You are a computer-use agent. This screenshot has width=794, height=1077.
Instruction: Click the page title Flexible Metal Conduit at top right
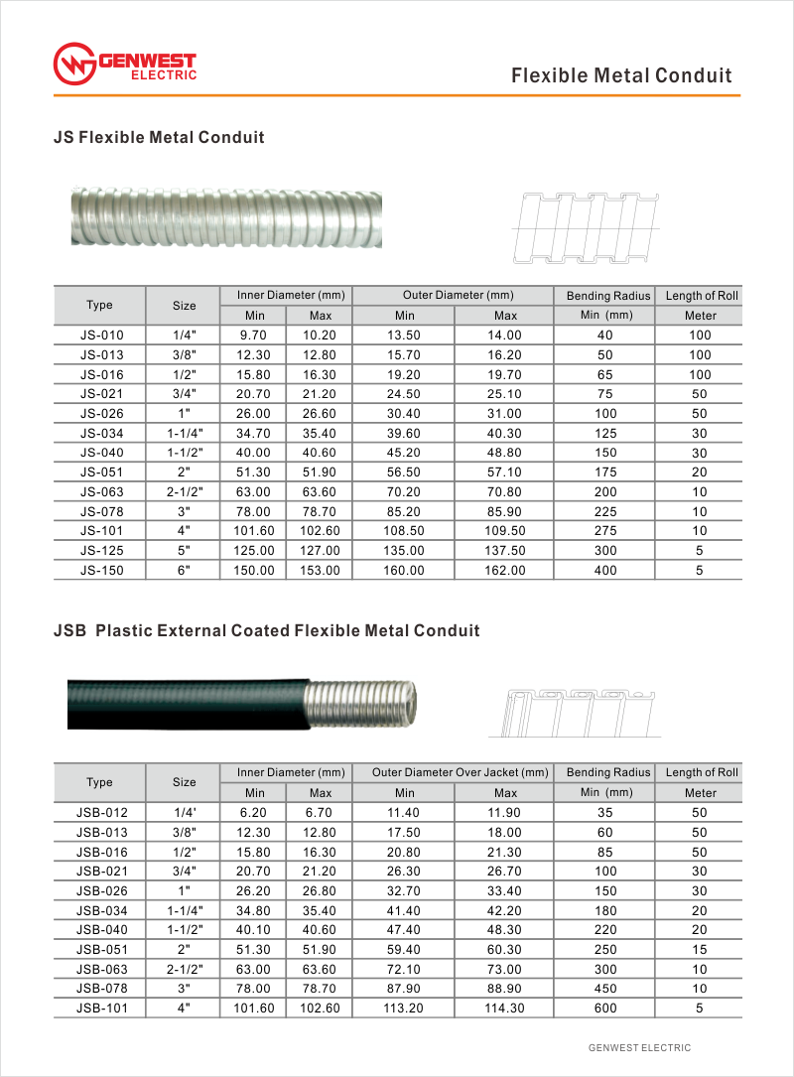tap(621, 75)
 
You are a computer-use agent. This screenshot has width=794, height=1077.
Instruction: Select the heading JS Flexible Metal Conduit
tap(159, 138)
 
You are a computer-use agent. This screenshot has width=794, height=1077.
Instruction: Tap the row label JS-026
tap(99, 413)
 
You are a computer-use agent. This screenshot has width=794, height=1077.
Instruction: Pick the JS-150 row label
tap(99, 570)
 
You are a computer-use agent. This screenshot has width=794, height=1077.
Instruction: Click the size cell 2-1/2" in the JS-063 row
tap(185, 491)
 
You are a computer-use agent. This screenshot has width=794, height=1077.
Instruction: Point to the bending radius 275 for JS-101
tap(605, 531)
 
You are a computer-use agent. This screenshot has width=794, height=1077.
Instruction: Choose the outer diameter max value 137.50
tap(506, 551)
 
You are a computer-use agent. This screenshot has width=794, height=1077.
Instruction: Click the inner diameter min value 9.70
tap(255, 335)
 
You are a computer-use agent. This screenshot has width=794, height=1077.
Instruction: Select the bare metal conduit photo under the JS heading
tap(226, 217)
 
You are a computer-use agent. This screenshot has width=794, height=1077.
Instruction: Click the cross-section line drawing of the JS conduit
tap(586, 228)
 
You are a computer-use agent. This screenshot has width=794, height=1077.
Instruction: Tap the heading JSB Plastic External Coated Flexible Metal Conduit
tap(266, 631)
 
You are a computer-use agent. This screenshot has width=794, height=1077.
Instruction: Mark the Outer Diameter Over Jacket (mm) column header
tap(460, 772)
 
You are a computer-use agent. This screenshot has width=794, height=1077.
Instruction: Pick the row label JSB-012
tap(99, 812)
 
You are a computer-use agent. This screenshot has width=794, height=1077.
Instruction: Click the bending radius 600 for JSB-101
tap(605, 1008)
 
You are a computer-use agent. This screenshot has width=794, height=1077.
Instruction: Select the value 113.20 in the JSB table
tap(404, 1008)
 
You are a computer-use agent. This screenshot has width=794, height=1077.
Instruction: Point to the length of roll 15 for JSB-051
tap(700, 949)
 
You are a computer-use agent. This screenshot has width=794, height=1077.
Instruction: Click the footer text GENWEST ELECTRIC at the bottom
tap(639, 1048)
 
